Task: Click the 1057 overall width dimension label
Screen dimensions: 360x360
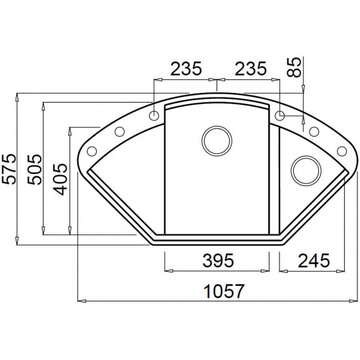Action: pyautogui.click(x=224, y=291)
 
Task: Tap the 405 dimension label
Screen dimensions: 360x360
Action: pyautogui.click(x=60, y=179)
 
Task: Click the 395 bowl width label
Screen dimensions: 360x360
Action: pyautogui.click(x=219, y=261)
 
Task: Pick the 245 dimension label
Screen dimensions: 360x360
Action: pyautogui.click(x=314, y=261)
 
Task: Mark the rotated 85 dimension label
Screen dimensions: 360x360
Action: pyautogui.click(x=294, y=67)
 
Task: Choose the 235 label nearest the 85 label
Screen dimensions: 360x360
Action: pyautogui.click(x=251, y=69)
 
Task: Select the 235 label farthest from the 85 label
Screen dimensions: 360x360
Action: pyautogui.click(x=186, y=69)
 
